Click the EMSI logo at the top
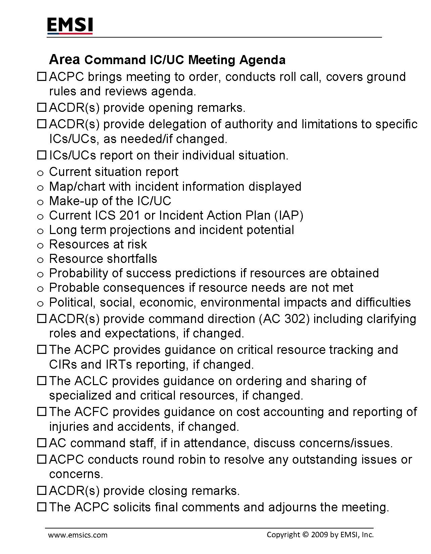(x=70, y=26)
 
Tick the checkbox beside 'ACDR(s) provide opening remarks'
(x=41, y=108)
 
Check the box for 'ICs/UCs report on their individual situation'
(x=41, y=155)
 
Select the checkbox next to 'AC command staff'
(x=41, y=443)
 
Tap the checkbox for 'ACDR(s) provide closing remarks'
(x=41, y=491)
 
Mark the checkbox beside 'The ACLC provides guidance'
(x=41, y=381)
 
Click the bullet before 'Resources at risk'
(x=40, y=246)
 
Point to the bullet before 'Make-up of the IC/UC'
(x=40, y=202)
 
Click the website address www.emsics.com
(x=78, y=535)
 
